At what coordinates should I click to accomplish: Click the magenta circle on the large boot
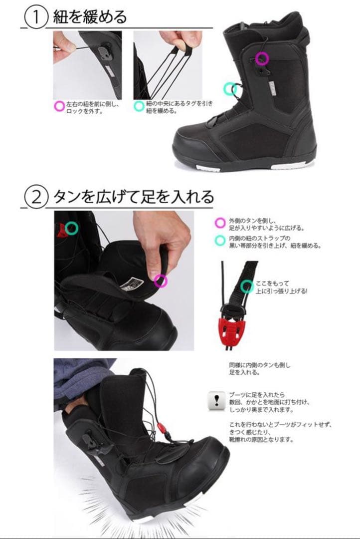[262, 58]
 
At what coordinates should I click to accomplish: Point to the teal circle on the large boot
[230, 89]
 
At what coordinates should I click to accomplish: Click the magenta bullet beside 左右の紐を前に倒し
[59, 106]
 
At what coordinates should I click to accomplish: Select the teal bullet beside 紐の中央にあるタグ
[139, 106]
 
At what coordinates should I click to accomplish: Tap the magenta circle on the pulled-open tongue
[161, 281]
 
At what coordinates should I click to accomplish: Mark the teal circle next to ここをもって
[246, 286]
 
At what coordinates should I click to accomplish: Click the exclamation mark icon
[216, 400]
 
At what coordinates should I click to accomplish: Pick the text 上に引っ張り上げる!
[282, 291]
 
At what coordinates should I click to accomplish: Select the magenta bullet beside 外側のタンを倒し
[219, 223]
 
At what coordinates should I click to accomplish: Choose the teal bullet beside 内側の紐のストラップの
[219, 240]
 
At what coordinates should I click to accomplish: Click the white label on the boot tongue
[132, 286]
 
